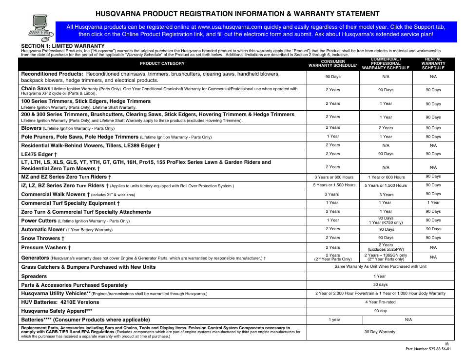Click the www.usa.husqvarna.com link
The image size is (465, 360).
(230, 27)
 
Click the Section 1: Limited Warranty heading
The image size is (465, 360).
(56, 46)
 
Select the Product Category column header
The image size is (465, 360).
(162, 64)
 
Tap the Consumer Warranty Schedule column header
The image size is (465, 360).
(333, 64)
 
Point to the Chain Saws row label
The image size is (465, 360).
(36, 89)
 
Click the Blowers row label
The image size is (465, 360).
(31, 128)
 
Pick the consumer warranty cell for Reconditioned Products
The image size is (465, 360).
(333, 77)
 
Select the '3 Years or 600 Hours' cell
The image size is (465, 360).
(334, 177)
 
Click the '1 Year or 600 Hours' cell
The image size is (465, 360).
(386, 177)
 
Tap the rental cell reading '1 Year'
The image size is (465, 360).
(433, 202)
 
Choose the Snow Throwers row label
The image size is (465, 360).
(42, 239)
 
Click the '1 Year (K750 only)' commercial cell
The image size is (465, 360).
(386, 222)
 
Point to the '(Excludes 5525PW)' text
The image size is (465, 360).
(386, 249)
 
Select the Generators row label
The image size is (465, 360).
(35, 258)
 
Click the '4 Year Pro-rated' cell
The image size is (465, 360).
(380, 302)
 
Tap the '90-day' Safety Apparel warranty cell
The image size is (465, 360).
(380, 311)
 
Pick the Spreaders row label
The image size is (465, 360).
(34, 276)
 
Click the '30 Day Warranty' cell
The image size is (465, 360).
(380, 332)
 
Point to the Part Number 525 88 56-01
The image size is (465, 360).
(428, 349)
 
